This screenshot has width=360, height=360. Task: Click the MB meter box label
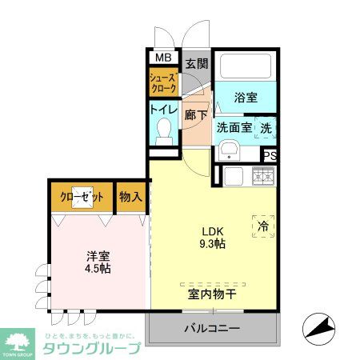(x=162, y=58)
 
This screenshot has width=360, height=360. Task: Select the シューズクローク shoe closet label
(x=162, y=82)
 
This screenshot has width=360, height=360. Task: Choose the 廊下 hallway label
(x=196, y=115)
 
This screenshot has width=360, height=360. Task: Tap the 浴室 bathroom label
(x=246, y=98)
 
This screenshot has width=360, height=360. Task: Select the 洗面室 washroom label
(x=234, y=127)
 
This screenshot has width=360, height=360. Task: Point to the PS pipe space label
(x=270, y=156)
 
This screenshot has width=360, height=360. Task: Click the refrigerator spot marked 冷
(x=263, y=227)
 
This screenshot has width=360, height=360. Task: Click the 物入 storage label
(x=131, y=195)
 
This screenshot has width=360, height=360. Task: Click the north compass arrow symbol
(x=317, y=326)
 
